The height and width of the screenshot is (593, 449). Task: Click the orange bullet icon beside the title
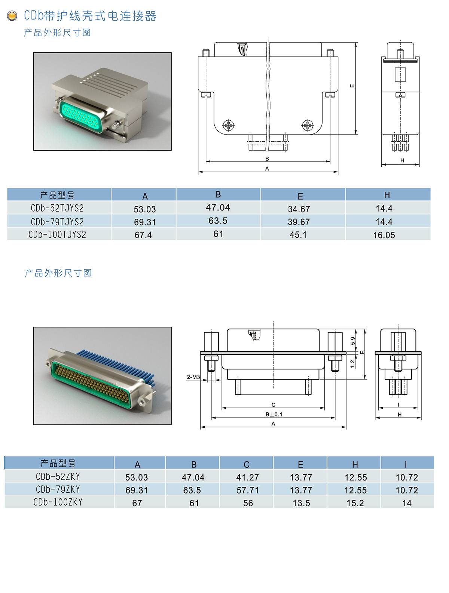click(x=12, y=16)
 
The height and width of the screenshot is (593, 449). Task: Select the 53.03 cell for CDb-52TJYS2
click(x=145, y=209)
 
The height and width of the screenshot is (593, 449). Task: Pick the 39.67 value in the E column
click(x=299, y=222)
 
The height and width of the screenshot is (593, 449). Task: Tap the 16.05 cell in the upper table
click(x=384, y=235)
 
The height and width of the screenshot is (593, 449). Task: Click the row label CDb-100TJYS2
click(x=57, y=234)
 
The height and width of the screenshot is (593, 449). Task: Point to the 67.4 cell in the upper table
click(x=143, y=235)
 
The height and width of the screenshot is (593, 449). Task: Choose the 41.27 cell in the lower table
click(x=247, y=477)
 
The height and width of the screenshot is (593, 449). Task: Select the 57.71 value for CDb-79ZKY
click(x=247, y=490)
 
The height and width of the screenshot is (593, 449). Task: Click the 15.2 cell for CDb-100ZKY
click(x=355, y=503)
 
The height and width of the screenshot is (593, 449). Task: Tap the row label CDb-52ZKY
click(x=58, y=476)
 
